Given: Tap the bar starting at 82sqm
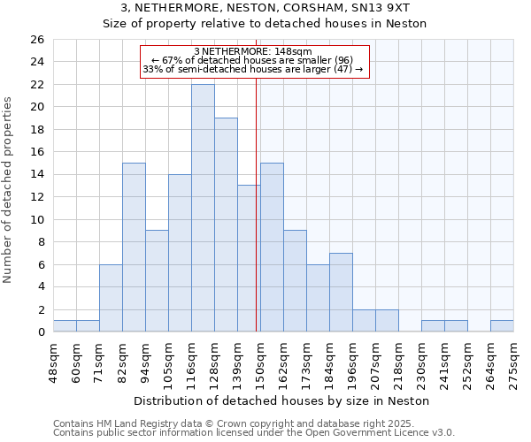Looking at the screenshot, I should pos(134,248).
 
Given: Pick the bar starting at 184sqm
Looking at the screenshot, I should pos(341,293).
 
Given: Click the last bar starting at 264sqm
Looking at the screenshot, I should pos(502,326).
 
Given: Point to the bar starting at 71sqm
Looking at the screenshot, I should pos(111,298).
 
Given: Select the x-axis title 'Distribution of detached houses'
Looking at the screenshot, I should pos(282,400).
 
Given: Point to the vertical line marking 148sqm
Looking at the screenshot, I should pos(257,221).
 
